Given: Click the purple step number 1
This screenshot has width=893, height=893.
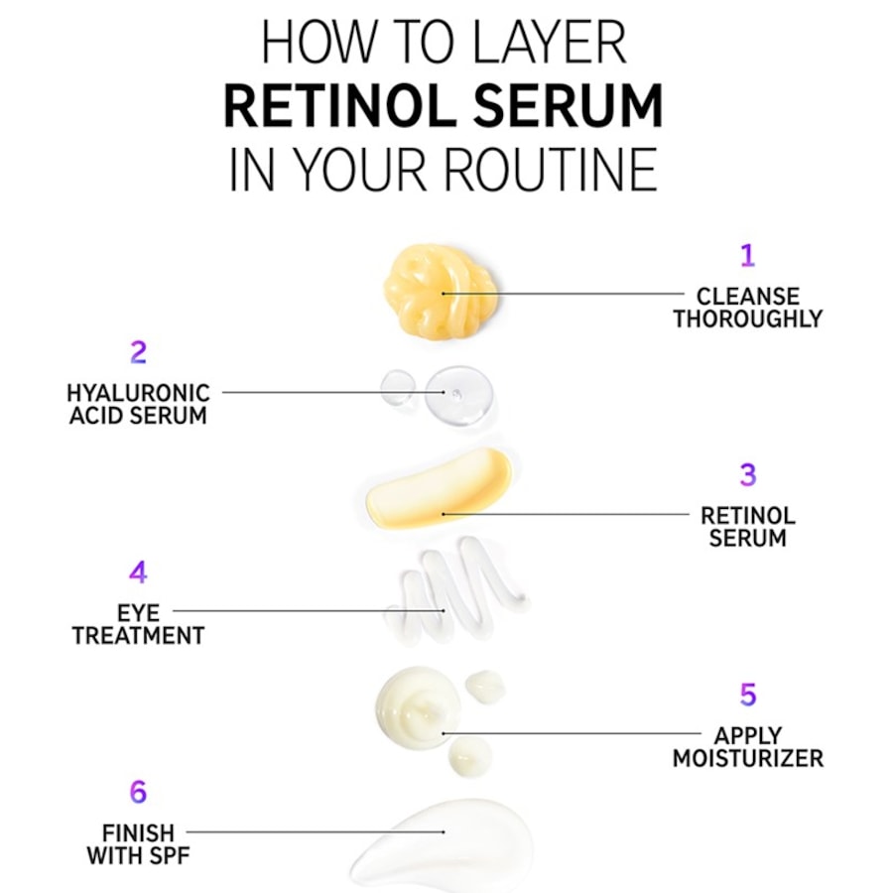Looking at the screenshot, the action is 747,255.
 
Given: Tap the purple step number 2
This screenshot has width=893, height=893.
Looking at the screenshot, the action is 138,352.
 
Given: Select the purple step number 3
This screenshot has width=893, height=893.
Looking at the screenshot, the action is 748,474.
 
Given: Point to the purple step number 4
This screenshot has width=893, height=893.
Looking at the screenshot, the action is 138,573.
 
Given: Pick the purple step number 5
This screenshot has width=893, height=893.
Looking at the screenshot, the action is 748,695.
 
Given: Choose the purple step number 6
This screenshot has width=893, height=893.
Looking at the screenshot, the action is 138,792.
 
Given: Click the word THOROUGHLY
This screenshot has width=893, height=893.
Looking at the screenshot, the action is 748,319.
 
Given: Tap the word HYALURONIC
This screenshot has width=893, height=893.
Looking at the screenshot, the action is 138,393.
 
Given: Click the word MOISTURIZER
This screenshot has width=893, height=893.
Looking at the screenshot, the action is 748,759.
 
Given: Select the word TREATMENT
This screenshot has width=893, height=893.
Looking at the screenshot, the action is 138,636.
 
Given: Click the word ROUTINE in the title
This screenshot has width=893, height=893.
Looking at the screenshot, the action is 550,170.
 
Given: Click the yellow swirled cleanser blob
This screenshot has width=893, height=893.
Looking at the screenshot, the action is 440,290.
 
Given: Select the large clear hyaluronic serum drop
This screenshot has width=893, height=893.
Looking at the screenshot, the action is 459,395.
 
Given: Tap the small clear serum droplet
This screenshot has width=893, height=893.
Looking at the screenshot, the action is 398,387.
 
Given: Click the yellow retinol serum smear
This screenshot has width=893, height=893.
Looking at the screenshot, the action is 439,488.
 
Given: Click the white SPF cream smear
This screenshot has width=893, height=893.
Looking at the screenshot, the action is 439,845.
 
